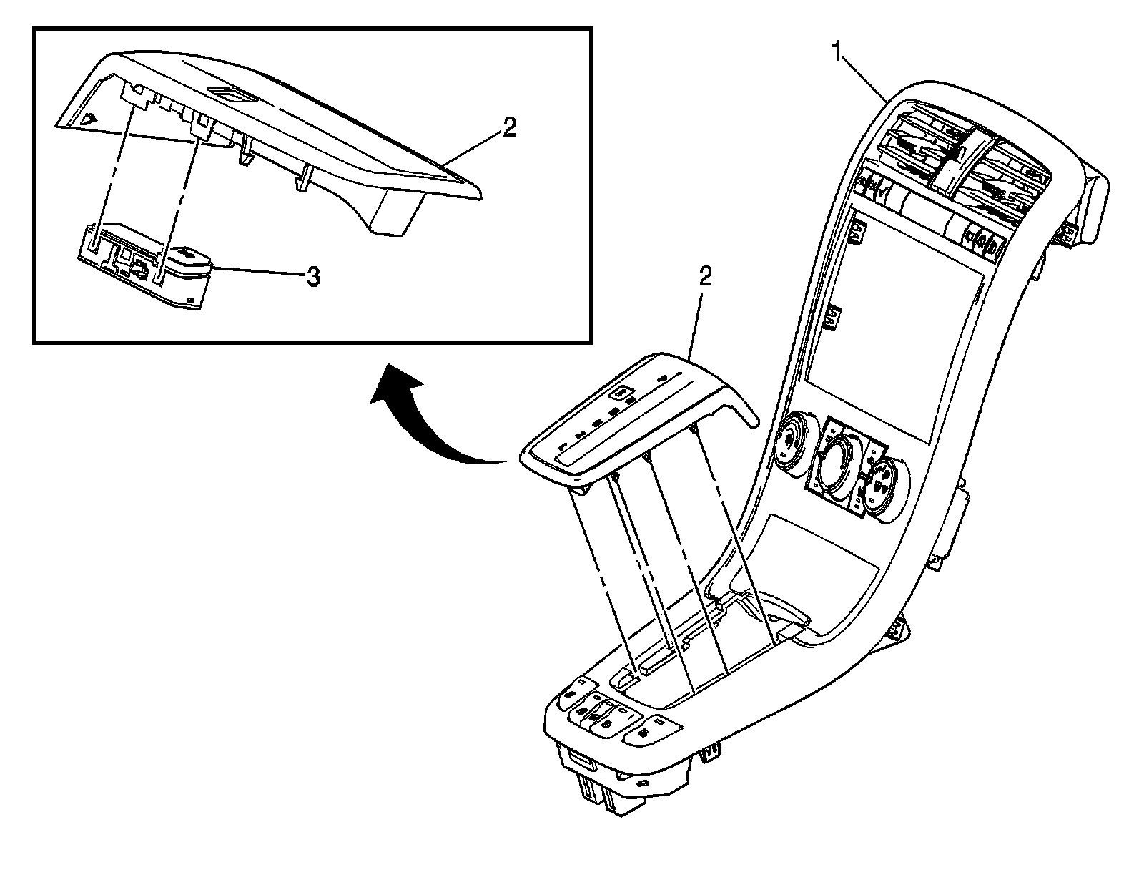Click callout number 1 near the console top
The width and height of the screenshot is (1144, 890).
836,52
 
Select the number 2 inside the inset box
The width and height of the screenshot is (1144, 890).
508,128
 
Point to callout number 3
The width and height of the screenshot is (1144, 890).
312,277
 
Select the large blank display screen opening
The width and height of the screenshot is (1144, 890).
894,329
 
